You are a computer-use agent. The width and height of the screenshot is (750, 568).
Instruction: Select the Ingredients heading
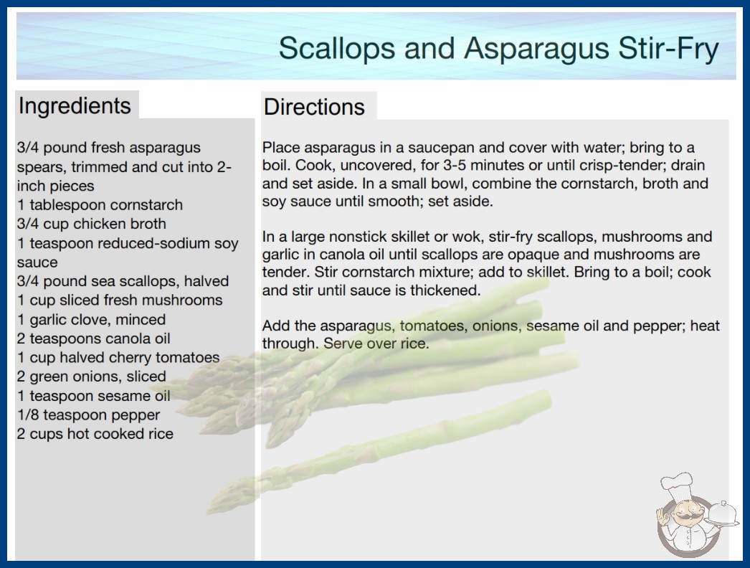point(75,106)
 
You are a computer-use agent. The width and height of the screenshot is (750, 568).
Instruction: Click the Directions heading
point(314,107)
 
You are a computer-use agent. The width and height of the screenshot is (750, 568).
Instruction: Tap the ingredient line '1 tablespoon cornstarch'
point(100,205)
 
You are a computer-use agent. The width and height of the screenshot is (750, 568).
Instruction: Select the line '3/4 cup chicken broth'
point(92,224)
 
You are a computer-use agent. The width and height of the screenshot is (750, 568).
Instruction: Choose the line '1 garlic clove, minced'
point(91,319)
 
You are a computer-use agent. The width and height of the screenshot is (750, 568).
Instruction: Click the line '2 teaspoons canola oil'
point(94,339)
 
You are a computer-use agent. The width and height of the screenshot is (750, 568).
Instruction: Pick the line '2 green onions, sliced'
point(91,377)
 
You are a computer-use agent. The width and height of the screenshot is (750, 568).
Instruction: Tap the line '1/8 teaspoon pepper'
point(88,415)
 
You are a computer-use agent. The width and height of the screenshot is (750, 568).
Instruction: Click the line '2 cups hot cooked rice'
point(95,434)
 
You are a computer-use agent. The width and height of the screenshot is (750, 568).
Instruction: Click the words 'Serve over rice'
point(376,344)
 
